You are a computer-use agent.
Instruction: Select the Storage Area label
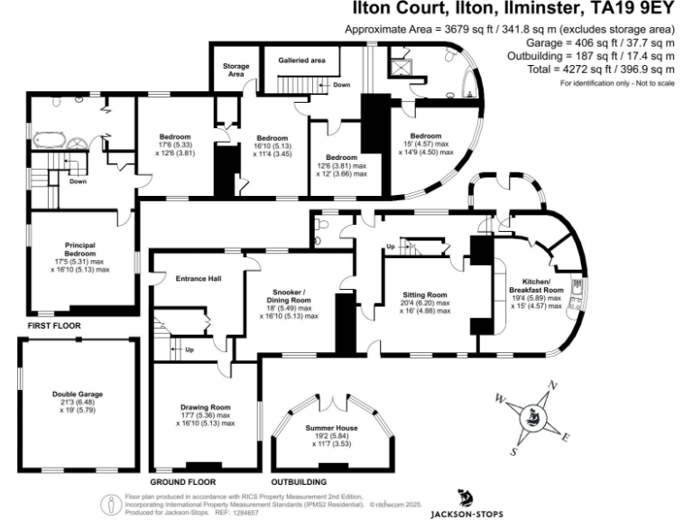tap(236, 70)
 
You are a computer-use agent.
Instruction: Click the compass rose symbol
tap(532, 415)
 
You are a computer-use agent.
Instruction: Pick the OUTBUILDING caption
tap(299, 469)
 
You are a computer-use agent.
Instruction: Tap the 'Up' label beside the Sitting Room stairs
tap(391, 246)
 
